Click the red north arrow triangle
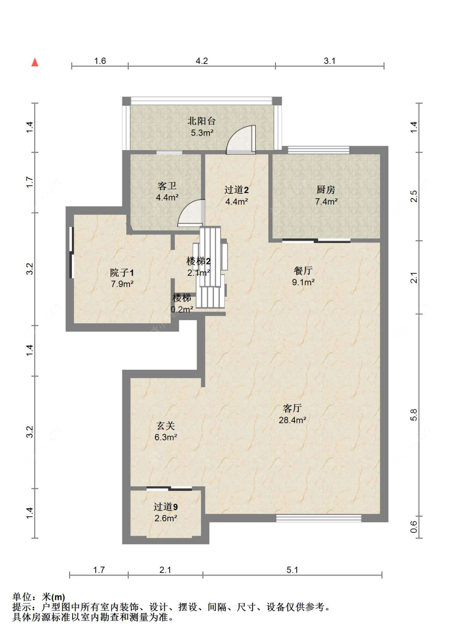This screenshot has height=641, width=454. (x=35, y=62)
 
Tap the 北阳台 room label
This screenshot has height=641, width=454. (x=201, y=121)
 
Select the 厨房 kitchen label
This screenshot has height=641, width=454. (x=326, y=189)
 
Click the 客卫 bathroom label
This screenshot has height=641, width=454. (x=167, y=186)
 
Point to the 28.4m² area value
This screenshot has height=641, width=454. (x=292, y=420)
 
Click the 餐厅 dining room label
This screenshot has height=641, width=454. (x=303, y=270)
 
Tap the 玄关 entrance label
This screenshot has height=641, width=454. (x=165, y=426)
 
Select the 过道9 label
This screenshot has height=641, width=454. (x=165, y=507)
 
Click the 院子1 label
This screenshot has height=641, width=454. (x=122, y=272)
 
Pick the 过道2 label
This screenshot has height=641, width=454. (x=236, y=189)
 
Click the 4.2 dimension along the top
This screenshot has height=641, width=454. (x=202, y=61)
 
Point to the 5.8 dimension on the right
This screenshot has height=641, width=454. (x=414, y=415)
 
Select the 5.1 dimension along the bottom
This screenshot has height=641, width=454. (x=292, y=570)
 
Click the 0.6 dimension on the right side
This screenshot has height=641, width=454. (x=414, y=526)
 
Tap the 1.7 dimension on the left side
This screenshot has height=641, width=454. (x=30, y=182)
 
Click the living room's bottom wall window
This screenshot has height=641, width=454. (x=318, y=518)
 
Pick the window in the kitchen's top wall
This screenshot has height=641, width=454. (x=319, y=150)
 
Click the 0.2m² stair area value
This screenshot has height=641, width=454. (x=182, y=309)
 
